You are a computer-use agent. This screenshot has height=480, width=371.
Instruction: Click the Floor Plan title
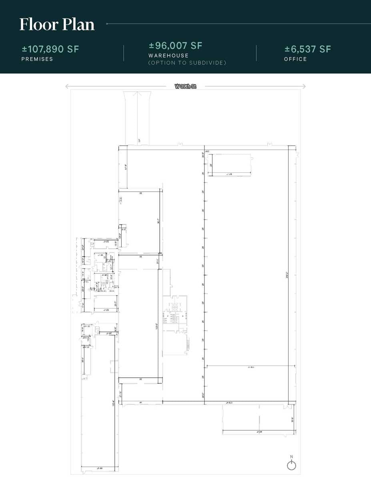coord(57,24)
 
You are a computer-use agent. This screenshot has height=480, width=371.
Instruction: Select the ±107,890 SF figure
coord(50,49)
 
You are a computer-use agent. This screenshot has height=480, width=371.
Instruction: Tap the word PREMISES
coord(37,59)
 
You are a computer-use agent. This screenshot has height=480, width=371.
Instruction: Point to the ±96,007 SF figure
coord(176,46)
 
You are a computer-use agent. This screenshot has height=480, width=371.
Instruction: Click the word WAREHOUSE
coord(168,56)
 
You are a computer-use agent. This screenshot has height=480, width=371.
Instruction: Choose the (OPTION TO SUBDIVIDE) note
coord(187,63)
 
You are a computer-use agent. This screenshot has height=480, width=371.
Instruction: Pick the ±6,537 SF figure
coord(308,49)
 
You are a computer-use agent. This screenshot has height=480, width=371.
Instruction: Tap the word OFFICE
coord(295,59)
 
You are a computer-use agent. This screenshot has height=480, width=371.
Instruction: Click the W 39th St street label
coord(185,86)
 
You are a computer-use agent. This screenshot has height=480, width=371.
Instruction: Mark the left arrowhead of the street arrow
coord(67,86)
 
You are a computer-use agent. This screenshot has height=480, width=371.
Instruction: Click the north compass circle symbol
coord(291,466)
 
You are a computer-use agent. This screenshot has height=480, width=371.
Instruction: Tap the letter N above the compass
coord(291,457)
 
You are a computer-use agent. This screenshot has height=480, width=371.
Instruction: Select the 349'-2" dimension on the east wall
coord(287,275)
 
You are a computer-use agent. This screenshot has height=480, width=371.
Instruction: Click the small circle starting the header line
coord(107,24)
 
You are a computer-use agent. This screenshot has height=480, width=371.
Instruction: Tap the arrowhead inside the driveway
coord(137,94)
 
